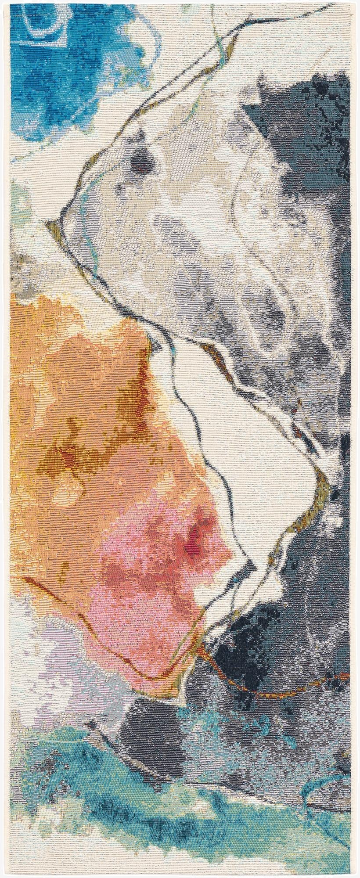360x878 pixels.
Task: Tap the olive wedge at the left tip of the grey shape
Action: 54,225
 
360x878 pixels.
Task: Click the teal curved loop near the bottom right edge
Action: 334,773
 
